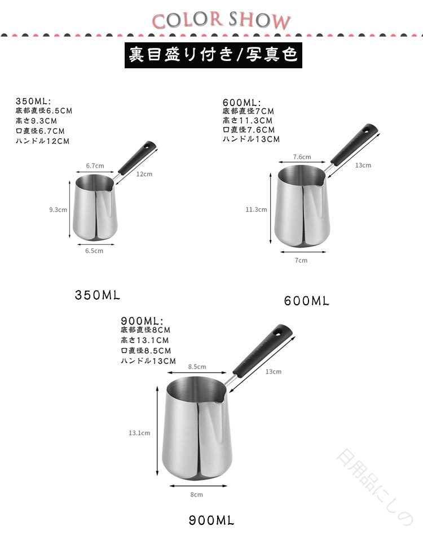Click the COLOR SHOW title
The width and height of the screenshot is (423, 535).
pos(221,20)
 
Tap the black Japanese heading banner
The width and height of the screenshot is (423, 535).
pos(213,55)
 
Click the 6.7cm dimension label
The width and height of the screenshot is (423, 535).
pos(95,166)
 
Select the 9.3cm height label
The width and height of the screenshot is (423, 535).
pos(58,209)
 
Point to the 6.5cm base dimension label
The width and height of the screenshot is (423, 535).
pos(94,251)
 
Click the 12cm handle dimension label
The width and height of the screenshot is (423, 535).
pos(144,174)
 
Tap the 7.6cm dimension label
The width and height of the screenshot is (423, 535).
pos(302,157)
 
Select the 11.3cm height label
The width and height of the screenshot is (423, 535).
pos(256,209)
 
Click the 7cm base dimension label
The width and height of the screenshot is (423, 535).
pos(301,260)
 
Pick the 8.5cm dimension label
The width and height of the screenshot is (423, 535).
pos(197,367)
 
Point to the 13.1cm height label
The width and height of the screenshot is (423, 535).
pos(139,433)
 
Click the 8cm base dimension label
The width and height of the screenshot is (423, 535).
pos(197,494)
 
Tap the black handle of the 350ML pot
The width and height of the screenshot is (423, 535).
pos(138,157)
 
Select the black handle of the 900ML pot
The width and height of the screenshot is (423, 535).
pos(262,350)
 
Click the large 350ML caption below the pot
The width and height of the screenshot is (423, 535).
pos(98,295)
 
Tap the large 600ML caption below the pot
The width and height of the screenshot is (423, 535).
pos(307,301)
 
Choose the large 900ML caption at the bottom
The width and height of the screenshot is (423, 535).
pos(211,520)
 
